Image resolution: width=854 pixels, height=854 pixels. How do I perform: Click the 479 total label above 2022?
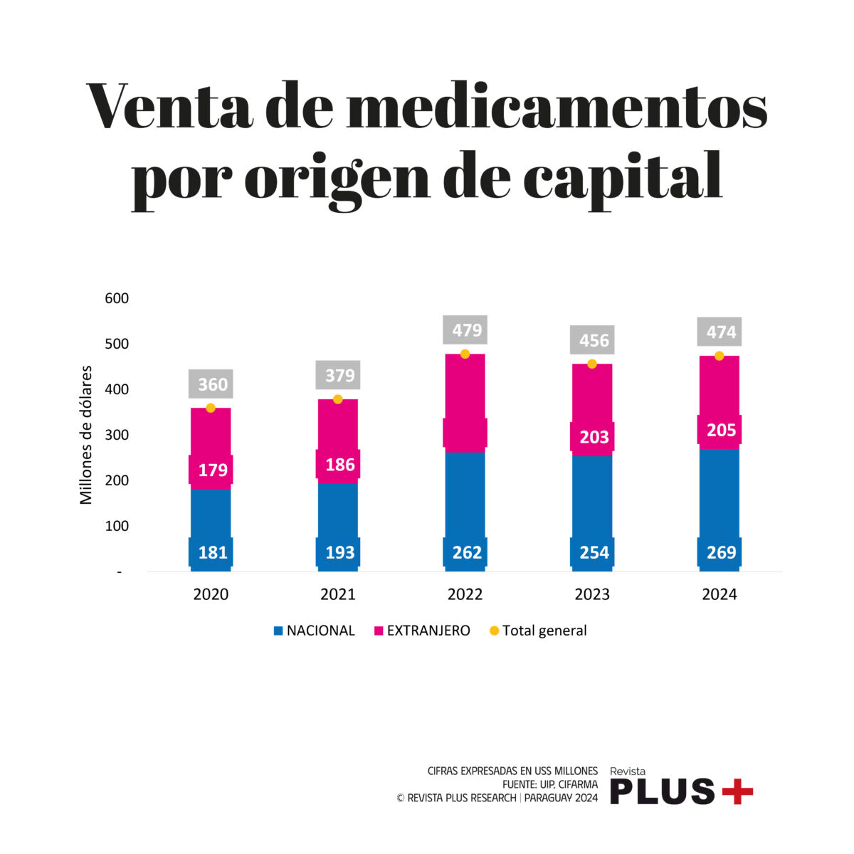click(467, 330)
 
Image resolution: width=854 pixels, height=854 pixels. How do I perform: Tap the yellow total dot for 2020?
click(211, 408)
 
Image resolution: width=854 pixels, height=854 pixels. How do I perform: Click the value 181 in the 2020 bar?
click(212, 552)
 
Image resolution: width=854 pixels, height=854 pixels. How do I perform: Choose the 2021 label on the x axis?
click(338, 594)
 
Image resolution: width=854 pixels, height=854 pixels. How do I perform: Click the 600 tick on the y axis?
click(117, 298)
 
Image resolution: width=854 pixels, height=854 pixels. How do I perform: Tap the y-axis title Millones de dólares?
click(87, 435)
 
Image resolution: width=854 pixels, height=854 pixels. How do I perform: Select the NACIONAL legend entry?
click(314, 631)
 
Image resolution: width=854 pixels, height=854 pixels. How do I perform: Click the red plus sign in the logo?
click(737, 791)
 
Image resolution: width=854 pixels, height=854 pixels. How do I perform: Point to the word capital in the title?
click(623, 176)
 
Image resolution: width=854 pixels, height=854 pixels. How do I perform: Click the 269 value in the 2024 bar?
click(721, 552)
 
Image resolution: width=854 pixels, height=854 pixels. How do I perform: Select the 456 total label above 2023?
click(594, 340)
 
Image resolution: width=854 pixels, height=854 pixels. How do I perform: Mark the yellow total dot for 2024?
click(719, 356)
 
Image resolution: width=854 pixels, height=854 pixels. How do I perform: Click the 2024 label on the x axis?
click(719, 594)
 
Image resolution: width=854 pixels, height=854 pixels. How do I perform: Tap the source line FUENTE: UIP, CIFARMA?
click(549, 784)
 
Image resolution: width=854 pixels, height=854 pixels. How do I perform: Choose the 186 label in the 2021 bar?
click(339, 465)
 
